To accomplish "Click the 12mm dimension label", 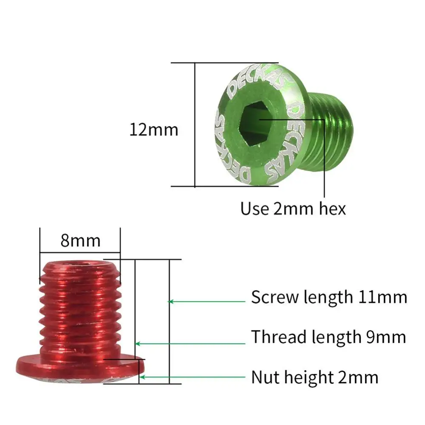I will (x=153, y=130).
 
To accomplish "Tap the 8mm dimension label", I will (x=80, y=241).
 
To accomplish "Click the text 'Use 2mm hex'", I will (x=293, y=208).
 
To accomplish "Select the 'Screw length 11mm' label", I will (x=329, y=297).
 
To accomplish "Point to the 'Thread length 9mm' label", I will (x=328, y=337).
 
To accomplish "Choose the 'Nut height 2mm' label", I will (x=314, y=377).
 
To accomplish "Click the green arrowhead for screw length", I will (x=171, y=301).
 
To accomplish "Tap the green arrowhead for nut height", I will (x=143, y=377).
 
